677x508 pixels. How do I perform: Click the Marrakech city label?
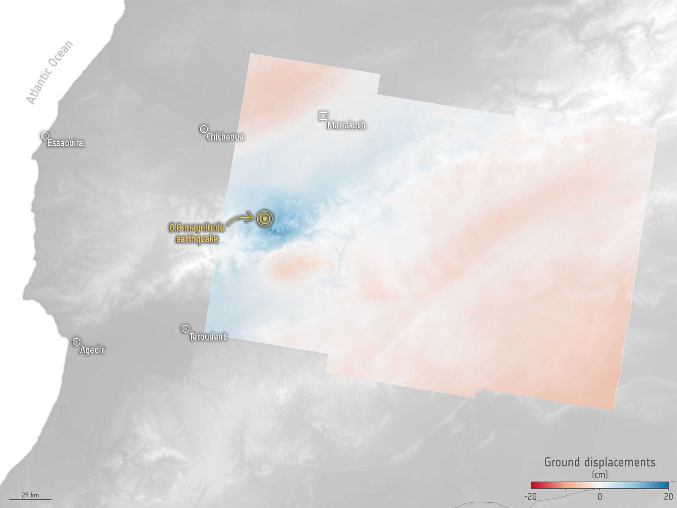[346, 125]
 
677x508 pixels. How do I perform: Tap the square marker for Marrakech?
[323, 116]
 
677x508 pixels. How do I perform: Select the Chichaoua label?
[225, 137]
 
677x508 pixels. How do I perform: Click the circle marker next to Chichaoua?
[203, 129]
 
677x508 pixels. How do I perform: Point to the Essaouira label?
[65, 143]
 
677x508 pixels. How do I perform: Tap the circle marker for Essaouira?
[44, 136]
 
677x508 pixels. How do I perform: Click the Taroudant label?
[207, 337]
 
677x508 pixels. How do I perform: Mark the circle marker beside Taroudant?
[185, 329]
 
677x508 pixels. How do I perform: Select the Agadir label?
[92, 350]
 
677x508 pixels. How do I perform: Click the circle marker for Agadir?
[76, 342]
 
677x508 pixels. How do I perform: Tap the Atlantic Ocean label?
[50, 72]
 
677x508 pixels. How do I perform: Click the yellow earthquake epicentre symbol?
[265, 219]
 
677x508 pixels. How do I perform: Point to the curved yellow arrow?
[240, 219]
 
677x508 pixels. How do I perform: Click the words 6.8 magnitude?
[197, 228]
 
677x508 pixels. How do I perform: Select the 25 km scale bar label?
[30, 495]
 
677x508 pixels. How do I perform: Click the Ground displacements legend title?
[600, 462]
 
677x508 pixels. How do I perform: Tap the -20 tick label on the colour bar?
[530, 497]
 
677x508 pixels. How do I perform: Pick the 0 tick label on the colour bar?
[600, 497]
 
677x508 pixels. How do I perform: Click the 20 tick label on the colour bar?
[668, 497]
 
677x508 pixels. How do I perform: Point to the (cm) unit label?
[600, 474]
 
